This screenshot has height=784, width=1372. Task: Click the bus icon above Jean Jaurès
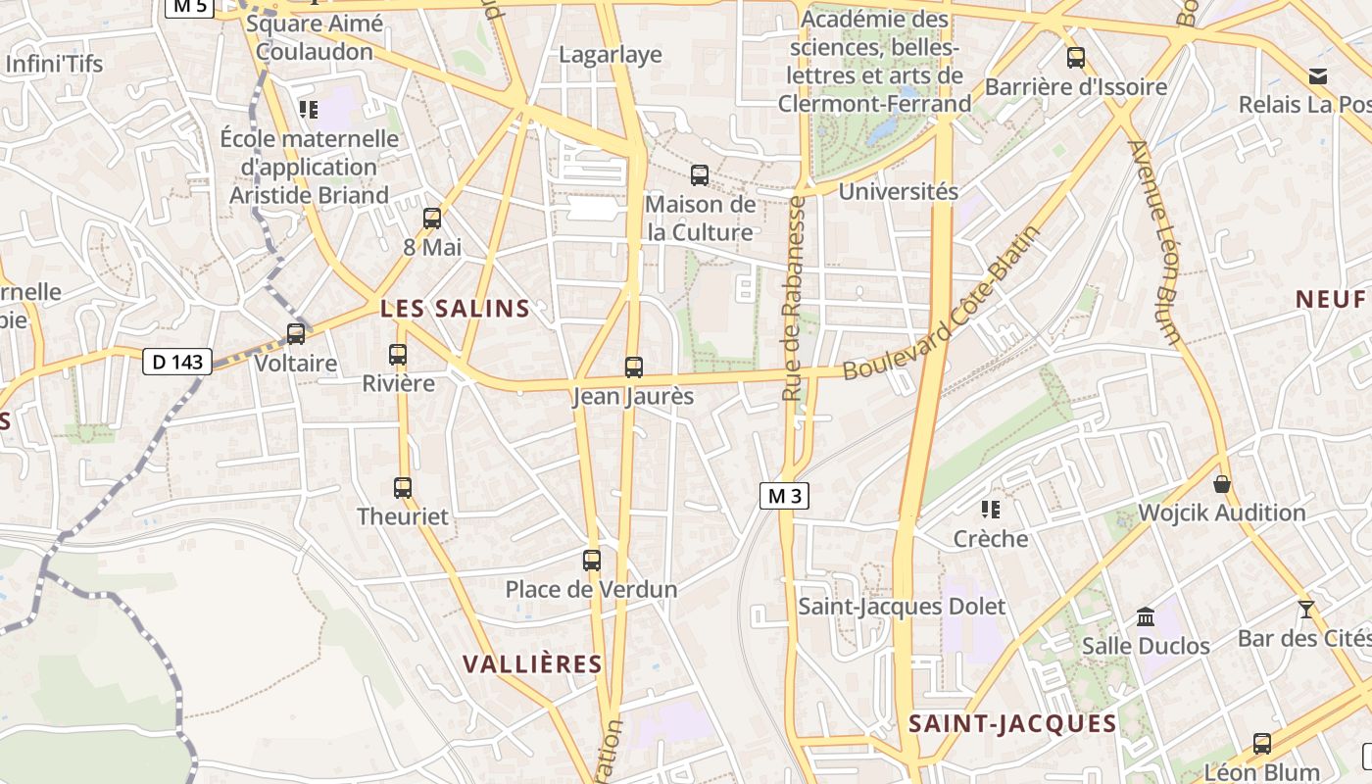click(x=634, y=367)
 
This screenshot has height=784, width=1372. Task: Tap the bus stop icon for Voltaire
click(x=295, y=334)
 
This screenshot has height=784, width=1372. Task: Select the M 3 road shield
click(x=784, y=496)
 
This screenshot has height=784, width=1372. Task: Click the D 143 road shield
click(x=177, y=362)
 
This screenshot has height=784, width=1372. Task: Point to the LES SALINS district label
click(x=455, y=309)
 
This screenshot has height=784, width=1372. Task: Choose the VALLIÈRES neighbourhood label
click(x=532, y=664)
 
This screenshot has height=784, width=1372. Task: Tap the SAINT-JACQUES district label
click(x=1012, y=724)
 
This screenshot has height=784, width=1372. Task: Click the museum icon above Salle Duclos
click(x=1145, y=616)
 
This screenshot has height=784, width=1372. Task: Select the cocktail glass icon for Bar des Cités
click(x=1305, y=610)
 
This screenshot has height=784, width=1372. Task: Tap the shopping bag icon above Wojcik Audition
click(x=1222, y=484)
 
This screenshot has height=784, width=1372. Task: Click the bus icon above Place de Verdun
click(x=592, y=561)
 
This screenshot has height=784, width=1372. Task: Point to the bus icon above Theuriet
click(x=403, y=487)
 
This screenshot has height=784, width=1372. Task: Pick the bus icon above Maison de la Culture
click(x=700, y=175)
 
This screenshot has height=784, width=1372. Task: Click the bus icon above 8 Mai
click(x=432, y=219)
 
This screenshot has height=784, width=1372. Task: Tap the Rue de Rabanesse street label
click(x=794, y=298)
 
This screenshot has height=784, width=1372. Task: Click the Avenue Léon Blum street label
click(x=1155, y=242)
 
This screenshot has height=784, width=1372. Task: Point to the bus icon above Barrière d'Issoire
click(x=1076, y=58)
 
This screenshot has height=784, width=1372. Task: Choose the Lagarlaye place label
click(x=611, y=55)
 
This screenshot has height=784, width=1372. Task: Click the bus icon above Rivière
click(x=398, y=355)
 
